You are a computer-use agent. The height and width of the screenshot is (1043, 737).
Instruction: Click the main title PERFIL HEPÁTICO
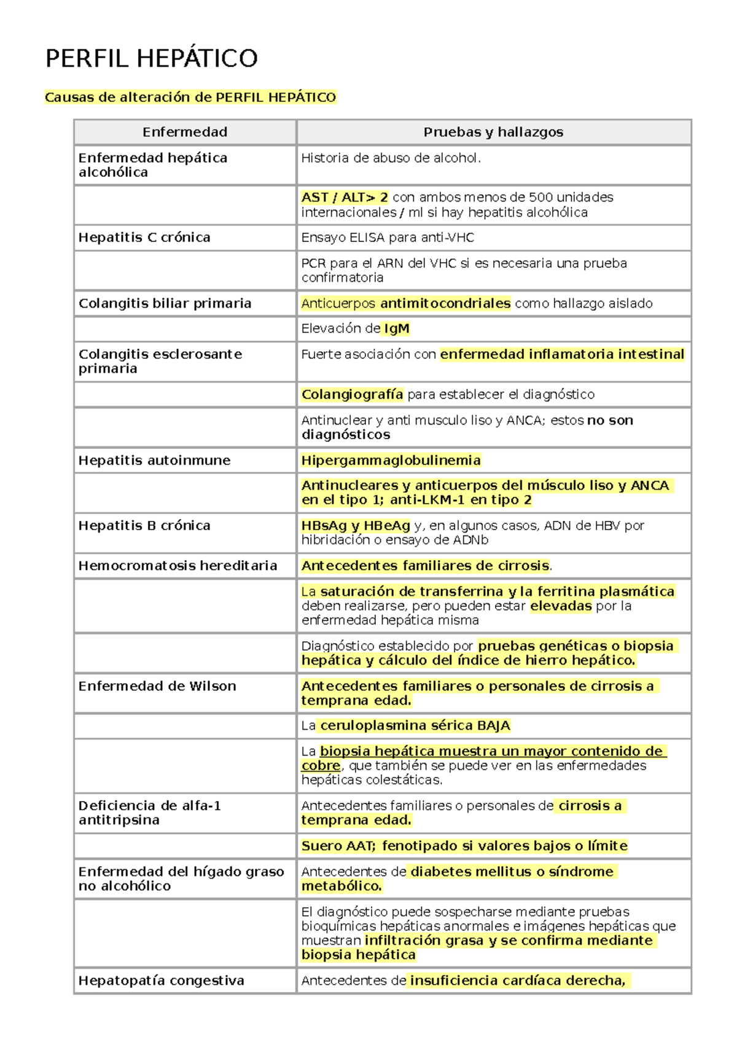point(151,59)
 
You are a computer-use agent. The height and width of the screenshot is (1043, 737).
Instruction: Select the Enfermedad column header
point(185,132)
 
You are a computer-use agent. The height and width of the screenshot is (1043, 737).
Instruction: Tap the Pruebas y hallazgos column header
point(493,132)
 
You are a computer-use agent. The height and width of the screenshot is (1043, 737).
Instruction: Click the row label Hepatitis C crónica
point(144,238)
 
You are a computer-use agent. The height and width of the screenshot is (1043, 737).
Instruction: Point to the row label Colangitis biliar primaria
point(165,303)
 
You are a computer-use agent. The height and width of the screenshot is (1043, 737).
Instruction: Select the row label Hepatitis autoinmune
point(154,461)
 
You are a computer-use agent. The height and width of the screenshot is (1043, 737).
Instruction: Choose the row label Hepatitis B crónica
point(144,526)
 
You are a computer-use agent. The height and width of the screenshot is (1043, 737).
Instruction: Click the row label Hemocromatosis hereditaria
point(177,566)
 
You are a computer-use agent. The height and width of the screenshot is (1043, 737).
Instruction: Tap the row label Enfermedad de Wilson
point(157,686)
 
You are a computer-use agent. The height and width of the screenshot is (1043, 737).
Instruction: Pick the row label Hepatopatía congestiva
point(161,981)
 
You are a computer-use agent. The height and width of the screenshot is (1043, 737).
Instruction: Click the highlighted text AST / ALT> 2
point(345,198)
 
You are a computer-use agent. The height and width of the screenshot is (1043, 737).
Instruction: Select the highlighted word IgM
point(396,329)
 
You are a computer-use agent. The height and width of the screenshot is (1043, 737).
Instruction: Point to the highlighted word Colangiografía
point(352,394)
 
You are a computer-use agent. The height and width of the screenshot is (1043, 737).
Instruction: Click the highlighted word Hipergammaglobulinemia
point(391,461)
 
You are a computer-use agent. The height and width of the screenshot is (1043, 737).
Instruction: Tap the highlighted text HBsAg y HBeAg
point(356,526)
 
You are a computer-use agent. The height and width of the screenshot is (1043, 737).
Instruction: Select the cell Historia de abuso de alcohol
point(391,158)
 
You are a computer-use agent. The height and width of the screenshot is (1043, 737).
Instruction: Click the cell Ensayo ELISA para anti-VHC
point(388,238)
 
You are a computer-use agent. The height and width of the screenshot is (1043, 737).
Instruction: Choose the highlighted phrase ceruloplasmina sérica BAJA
point(415,726)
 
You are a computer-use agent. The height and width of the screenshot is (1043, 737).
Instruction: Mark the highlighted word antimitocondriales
point(445,303)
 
